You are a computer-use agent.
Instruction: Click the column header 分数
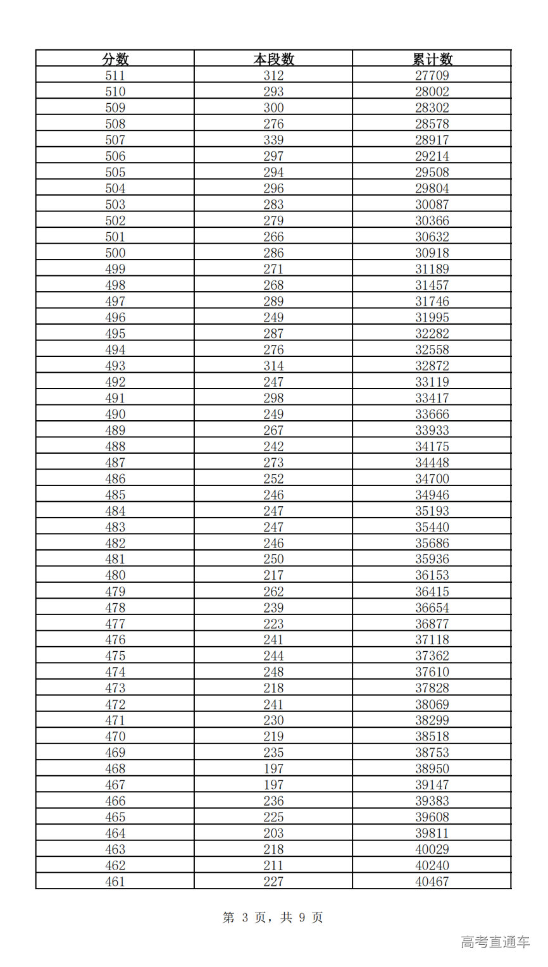(x=115, y=59)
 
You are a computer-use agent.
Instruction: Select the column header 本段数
(x=273, y=59)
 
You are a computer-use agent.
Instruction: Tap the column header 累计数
(x=432, y=59)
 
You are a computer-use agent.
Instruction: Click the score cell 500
(x=115, y=253)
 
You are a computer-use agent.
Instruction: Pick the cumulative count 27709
(x=432, y=75)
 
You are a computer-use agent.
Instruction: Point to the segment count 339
(x=273, y=140)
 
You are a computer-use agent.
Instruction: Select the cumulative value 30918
(x=432, y=253)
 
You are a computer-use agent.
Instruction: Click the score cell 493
(x=115, y=366)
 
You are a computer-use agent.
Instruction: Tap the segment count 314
(x=273, y=366)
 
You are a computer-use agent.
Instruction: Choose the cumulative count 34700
(x=432, y=478)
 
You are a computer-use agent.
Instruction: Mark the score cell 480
(x=115, y=575)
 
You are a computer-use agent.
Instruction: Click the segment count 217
(x=273, y=575)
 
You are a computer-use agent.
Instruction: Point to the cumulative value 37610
(x=432, y=672)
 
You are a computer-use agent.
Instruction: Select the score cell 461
(x=115, y=882)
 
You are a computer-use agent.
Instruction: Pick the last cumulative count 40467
(x=432, y=882)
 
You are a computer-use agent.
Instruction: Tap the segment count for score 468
(x=273, y=768)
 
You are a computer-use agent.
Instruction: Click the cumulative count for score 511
(x=432, y=75)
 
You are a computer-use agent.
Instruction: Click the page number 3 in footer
(x=246, y=918)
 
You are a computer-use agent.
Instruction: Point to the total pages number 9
(x=302, y=918)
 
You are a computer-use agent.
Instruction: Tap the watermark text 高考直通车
(x=495, y=942)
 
